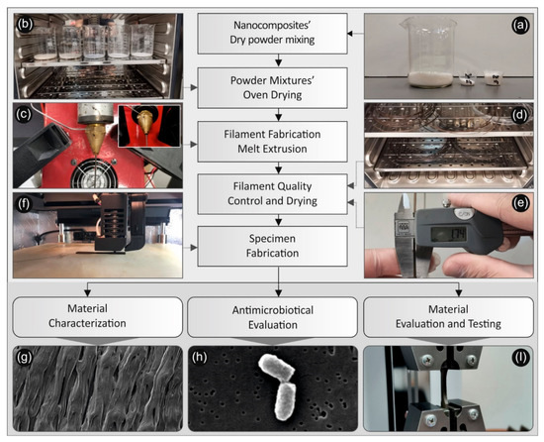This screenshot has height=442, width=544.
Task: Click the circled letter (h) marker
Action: pyautogui.click(x=203, y=353)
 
